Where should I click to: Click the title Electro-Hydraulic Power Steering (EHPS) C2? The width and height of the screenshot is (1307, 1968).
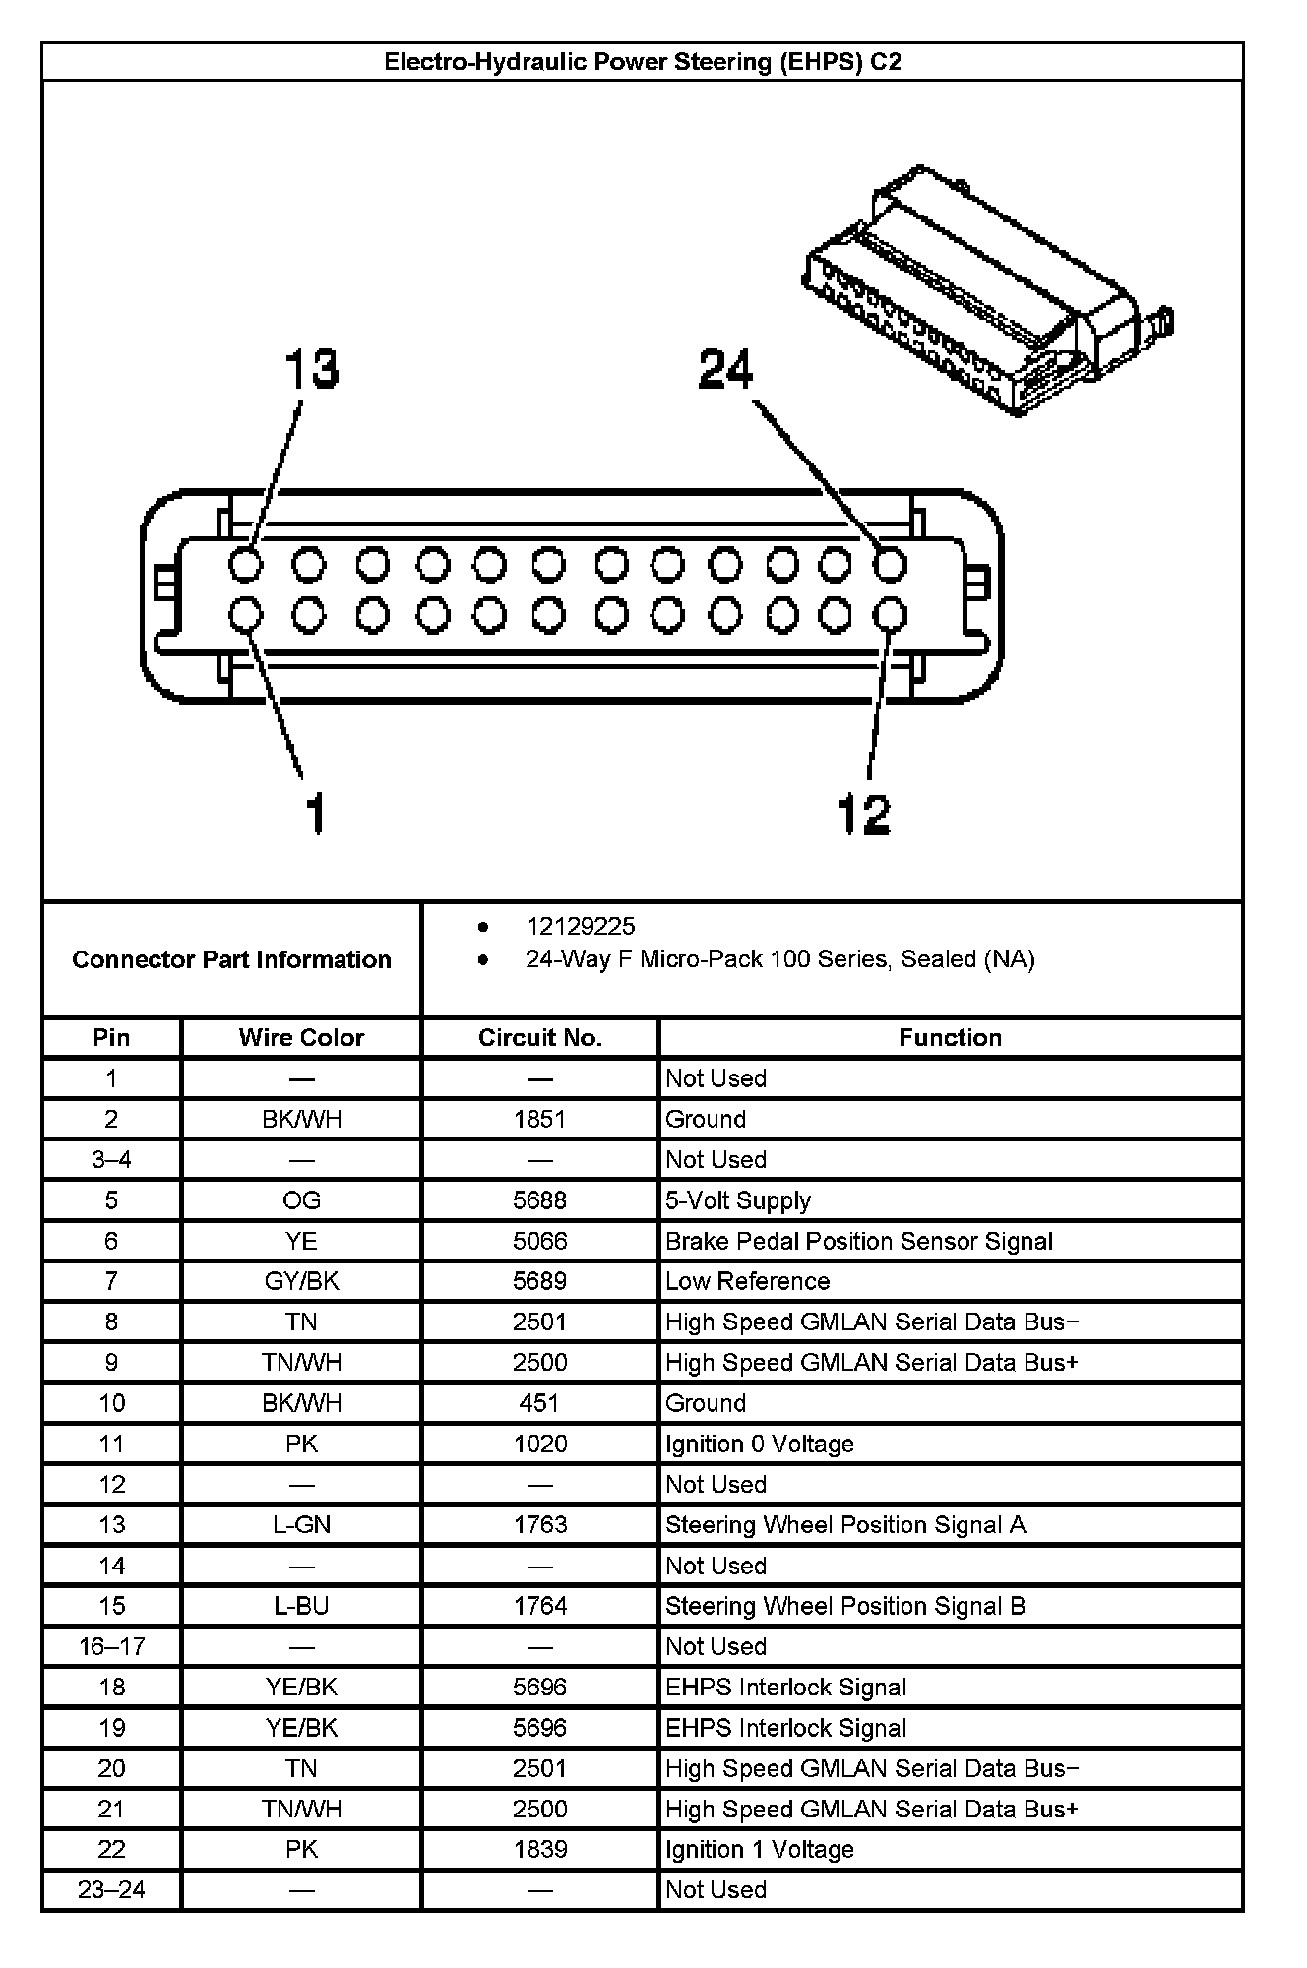coord(642,62)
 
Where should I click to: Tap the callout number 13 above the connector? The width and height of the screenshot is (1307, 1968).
coord(312,370)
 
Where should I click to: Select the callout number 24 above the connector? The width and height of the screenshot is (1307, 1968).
coord(725,370)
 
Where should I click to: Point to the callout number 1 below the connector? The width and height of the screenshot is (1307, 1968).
coord(315,815)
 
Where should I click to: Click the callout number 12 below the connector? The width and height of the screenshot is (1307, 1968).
coord(863,815)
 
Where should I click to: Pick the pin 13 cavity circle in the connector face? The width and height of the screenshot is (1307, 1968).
coord(246,565)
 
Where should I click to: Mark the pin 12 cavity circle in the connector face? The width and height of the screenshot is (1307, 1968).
coord(890,615)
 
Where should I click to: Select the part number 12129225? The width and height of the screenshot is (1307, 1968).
coord(581,926)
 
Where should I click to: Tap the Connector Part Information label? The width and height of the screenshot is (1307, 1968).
coord(231,959)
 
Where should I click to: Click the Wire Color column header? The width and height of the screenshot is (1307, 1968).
coord(301,1037)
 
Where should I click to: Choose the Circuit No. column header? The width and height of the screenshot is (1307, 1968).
coord(539,1037)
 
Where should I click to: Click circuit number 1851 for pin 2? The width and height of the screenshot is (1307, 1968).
coord(539,1119)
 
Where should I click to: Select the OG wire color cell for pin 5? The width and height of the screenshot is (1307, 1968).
coord(301,1200)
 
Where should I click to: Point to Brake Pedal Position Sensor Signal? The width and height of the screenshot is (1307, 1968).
coord(858,1241)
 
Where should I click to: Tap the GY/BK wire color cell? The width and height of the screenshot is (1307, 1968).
coord(301,1281)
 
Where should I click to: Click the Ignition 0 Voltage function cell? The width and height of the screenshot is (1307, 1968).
coord(759,1444)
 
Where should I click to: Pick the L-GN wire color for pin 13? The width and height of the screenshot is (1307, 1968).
coord(301,1524)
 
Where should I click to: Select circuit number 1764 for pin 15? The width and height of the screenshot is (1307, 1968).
coord(539,1606)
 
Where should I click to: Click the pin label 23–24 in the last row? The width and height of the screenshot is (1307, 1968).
coord(111,1889)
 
